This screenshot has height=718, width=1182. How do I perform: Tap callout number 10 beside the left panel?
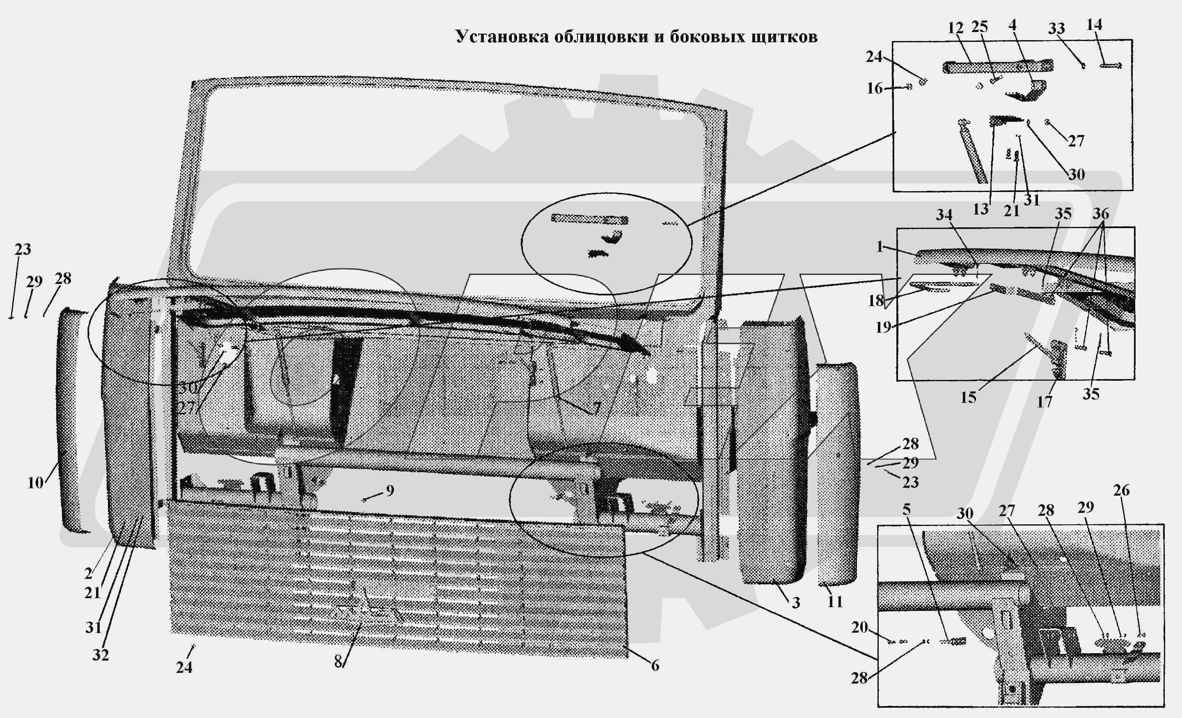coord(35,482)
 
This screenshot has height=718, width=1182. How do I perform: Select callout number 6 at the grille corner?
coord(655,665)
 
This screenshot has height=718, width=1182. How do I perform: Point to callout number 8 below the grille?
coord(338,662)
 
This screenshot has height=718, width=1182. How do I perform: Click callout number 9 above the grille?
coord(390,490)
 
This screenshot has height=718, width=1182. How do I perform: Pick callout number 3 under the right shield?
coord(796,603)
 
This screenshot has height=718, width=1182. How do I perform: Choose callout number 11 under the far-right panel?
coord(835,601)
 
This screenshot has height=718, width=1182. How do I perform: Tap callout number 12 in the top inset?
coord(955,28)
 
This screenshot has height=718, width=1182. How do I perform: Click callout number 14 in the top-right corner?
coord(1094,25)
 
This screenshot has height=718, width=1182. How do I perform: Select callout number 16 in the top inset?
coord(875,88)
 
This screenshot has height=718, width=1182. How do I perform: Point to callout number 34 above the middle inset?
coord(944,215)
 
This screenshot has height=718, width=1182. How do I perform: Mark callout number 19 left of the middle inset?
coord(883,327)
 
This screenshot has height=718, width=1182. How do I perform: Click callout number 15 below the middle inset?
coord(968,397)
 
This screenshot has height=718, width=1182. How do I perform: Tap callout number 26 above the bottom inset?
coord(1121,490)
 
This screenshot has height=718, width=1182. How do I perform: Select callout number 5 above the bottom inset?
coord(906,509)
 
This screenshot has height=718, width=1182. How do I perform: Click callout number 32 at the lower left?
coord(100,655)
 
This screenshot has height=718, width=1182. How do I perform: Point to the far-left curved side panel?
coord(72,422)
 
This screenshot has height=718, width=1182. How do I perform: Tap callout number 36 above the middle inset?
coord(1100,213)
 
